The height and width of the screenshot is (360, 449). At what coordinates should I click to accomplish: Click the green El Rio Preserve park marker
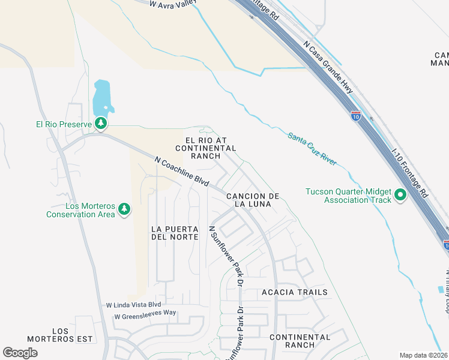coord(101,124)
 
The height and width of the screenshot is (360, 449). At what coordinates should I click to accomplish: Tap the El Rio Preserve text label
coord(62,125)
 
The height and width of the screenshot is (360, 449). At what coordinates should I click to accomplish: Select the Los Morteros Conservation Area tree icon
coord(124,209)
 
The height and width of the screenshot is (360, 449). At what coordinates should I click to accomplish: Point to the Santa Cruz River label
coord(312,149)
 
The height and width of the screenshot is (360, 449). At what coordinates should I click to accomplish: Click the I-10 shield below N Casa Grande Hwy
coord(356,116)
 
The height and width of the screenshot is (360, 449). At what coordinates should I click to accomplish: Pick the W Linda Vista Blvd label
coord(134,305)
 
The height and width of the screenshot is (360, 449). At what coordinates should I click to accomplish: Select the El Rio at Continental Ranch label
coord(205,148)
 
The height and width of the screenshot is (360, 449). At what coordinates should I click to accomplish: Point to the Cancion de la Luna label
coord(253,200)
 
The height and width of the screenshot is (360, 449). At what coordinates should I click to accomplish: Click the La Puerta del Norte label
coord(175,233)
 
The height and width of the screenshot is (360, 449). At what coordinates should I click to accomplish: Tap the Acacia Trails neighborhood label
coord(295,293)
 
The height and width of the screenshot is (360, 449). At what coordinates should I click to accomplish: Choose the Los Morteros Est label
coord(73,335)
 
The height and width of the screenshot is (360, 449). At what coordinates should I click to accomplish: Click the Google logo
coord(20,352)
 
